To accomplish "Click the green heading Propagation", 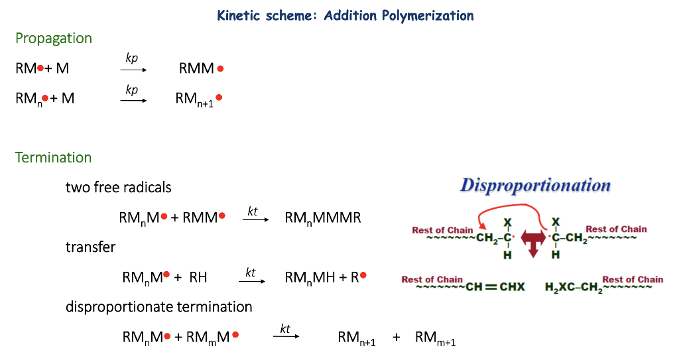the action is tap(54, 38).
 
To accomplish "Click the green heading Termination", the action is tap(53, 157).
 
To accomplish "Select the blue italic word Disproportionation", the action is tap(535, 186).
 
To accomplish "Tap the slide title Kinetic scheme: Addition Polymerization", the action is tap(345, 16).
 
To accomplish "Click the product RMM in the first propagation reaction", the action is tap(196, 68).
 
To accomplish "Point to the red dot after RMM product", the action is tap(220, 68).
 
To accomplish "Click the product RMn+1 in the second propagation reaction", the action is tap(194, 99).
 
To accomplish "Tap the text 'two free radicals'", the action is tap(118, 187).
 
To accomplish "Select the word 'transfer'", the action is tap(90, 247).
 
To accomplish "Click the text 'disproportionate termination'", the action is tap(159, 307).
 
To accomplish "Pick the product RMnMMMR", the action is tap(323, 218).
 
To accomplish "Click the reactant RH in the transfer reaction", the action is tap(198, 277).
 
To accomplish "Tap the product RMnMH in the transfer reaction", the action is tap(310, 278).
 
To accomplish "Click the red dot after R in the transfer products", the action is tap(363, 275).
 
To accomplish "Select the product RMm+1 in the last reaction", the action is tap(435, 338).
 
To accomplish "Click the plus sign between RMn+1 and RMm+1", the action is tap(397, 337).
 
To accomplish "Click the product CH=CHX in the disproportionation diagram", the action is tap(495, 287).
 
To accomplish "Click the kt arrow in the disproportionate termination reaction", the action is tap(286, 336).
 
